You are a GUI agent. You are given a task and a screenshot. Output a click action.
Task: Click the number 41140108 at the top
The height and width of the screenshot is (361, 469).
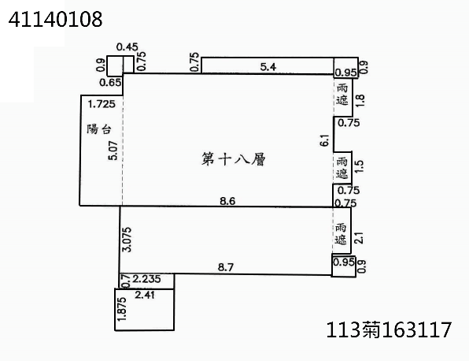point(55,19)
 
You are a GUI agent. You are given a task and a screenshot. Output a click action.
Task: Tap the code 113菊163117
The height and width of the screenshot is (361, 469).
point(389,329)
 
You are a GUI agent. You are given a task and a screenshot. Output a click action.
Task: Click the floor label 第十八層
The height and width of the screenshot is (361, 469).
point(233,159)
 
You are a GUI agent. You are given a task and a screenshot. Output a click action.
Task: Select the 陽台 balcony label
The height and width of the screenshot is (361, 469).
point(99,129)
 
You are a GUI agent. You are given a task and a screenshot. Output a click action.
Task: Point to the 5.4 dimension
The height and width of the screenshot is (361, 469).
point(268,66)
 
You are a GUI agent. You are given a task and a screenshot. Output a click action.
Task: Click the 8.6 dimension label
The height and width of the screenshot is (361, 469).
point(227,201)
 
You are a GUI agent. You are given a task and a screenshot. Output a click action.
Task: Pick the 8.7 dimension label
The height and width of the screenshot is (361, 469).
point(226,267)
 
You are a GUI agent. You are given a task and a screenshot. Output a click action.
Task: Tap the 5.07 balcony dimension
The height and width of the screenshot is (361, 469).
point(113,151)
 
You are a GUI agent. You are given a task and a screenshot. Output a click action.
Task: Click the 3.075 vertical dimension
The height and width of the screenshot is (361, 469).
point(127,240)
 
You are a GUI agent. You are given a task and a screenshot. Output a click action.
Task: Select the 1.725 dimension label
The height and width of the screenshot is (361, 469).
point(102,104)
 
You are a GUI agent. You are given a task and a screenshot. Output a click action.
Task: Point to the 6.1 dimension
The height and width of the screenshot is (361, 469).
point(324,140)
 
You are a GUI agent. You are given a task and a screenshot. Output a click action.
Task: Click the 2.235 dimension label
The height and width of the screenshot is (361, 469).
point(146,278)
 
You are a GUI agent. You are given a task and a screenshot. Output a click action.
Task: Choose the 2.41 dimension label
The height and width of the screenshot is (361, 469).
point(145,295)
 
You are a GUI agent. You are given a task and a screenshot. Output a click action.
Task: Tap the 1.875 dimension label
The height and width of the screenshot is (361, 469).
point(122,309)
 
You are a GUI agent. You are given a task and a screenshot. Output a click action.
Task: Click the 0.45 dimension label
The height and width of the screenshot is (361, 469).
point(127,47)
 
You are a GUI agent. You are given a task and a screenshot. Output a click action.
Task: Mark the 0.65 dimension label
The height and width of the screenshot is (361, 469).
point(110,83)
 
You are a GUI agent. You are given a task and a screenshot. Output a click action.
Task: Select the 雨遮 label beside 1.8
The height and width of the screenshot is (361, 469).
point(342,95)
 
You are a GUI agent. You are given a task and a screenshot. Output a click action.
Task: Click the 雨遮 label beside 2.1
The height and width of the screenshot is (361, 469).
point(341,234)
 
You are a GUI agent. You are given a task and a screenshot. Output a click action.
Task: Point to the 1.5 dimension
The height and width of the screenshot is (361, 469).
point(359,166)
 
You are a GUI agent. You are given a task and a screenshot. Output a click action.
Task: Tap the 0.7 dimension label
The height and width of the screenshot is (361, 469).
point(127,281)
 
